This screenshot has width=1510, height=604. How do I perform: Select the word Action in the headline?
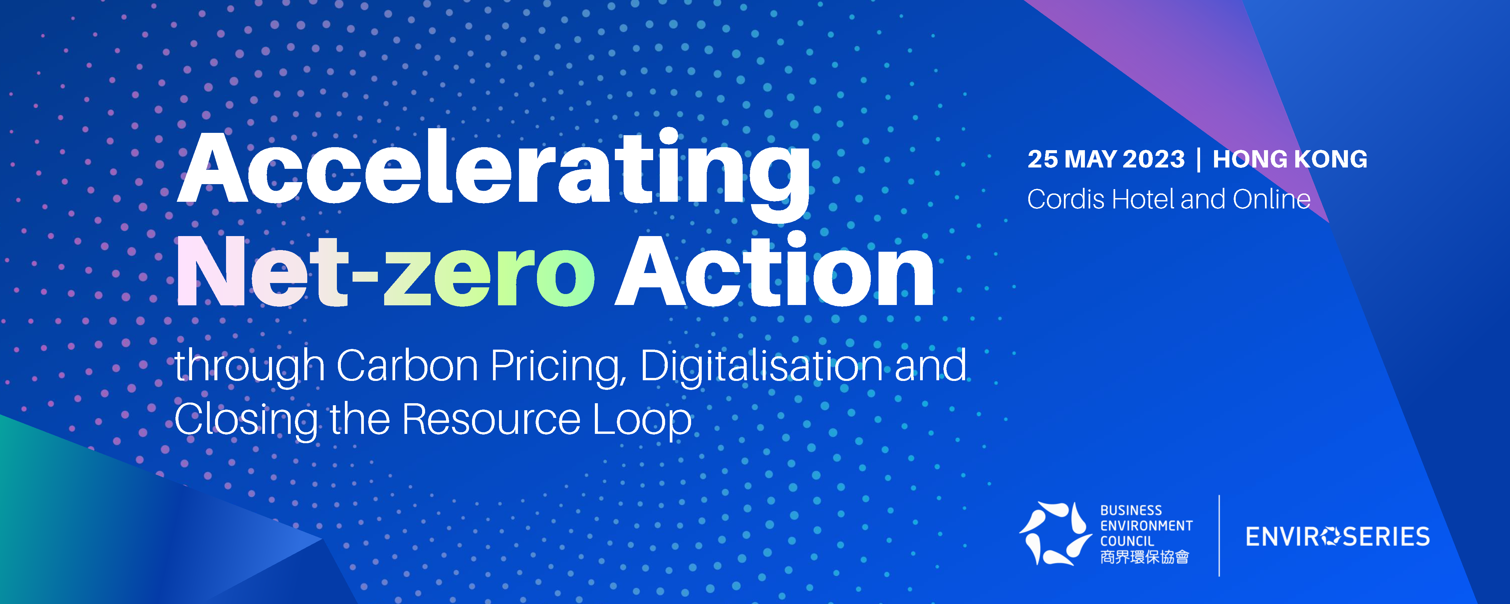coord(774,270)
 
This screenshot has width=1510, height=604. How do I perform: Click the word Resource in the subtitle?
coord(491,420)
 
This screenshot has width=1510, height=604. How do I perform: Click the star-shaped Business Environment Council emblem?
coord(1055,534)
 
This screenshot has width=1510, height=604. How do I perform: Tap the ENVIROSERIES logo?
coord(1338,536)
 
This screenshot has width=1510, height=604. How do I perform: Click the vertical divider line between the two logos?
coord(1219,535)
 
